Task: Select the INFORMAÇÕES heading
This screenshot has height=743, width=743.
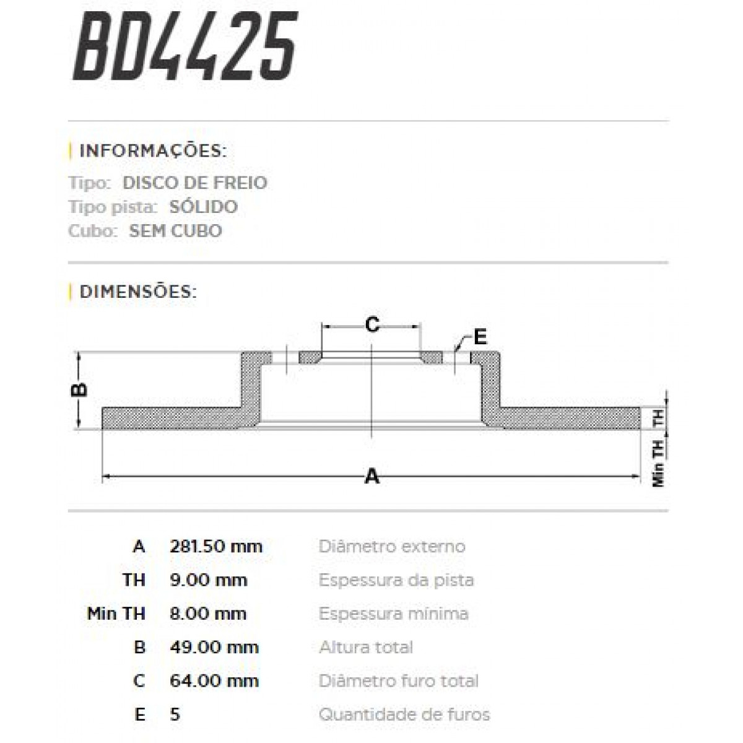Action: pyautogui.click(x=153, y=151)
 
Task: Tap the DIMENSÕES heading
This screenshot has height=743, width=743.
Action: pyautogui.click(x=138, y=292)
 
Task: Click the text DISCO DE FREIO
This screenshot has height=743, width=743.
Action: pyautogui.click(x=195, y=183)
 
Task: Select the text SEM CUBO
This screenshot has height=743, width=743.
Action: pyautogui.click(x=175, y=231)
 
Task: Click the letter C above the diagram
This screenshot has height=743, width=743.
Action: pyautogui.click(x=371, y=324)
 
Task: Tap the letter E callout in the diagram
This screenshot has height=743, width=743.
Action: pyautogui.click(x=480, y=337)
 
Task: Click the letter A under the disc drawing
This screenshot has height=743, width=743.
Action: pyautogui.click(x=371, y=476)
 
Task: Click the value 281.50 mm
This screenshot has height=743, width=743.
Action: pyautogui.click(x=216, y=547)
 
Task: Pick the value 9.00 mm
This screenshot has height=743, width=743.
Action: pyautogui.click(x=208, y=580)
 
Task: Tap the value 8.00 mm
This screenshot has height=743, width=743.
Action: pyautogui.click(x=208, y=614)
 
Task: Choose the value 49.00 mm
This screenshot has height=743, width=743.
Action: pyautogui.click(x=214, y=647)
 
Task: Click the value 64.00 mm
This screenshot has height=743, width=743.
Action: pyautogui.click(x=214, y=681)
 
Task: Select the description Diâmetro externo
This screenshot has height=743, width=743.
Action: pyautogui.click(x=392, y=547)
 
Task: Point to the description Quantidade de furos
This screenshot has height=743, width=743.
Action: pyautogui.click(x=404, y=715)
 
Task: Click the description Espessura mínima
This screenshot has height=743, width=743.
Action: pyautogui.click(x=393, y=614)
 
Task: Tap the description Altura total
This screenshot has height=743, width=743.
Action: pyautogui.click(x=366, y=647)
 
